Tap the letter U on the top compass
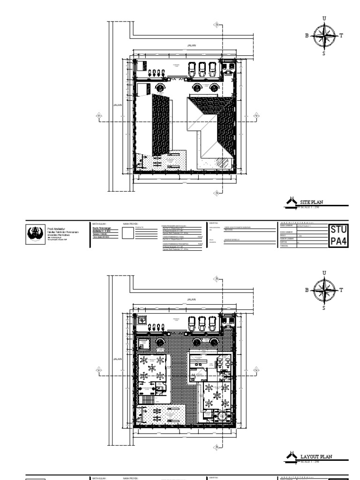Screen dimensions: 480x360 point(324,18)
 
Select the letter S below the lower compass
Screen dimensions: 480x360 point(323,308)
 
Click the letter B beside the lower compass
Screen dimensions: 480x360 point(307,290)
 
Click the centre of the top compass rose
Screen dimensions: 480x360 point(324,36)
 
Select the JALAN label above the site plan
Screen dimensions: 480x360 point(191,45)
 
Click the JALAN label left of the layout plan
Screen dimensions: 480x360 point(118,359)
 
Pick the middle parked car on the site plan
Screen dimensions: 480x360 point(202,69)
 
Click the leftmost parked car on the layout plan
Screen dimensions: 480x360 point(192,323)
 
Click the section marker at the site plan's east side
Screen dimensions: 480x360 point(256,115)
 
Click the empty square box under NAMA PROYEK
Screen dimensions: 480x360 point(128,233)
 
